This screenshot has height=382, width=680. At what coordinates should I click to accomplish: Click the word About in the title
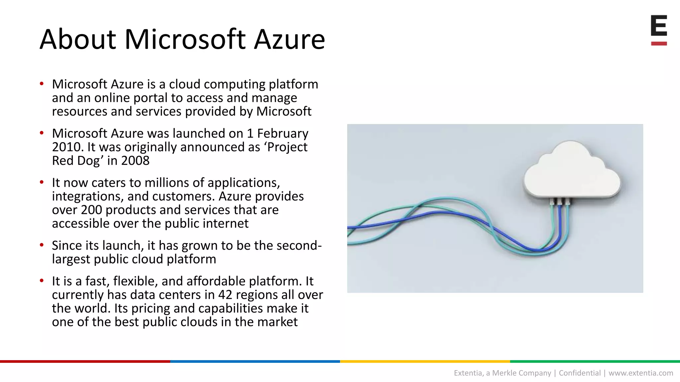point(78,40)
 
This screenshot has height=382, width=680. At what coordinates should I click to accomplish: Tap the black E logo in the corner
point(659,26)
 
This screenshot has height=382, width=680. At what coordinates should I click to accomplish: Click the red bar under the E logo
point(659,43)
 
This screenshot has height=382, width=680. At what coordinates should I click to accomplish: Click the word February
point(283,133)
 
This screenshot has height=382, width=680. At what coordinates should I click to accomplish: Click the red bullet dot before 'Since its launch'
point(42,245)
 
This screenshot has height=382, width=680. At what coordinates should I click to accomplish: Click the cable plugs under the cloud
point(560,201)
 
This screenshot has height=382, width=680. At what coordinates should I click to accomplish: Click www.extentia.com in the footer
point(640,373)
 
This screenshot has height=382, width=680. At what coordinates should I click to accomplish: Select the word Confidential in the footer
point(580,373)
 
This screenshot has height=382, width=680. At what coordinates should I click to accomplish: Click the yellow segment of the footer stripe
point(425,361)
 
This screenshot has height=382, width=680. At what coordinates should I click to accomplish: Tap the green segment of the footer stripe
point(595,361)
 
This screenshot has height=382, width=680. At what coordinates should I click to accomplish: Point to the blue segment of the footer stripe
point(255,361)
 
